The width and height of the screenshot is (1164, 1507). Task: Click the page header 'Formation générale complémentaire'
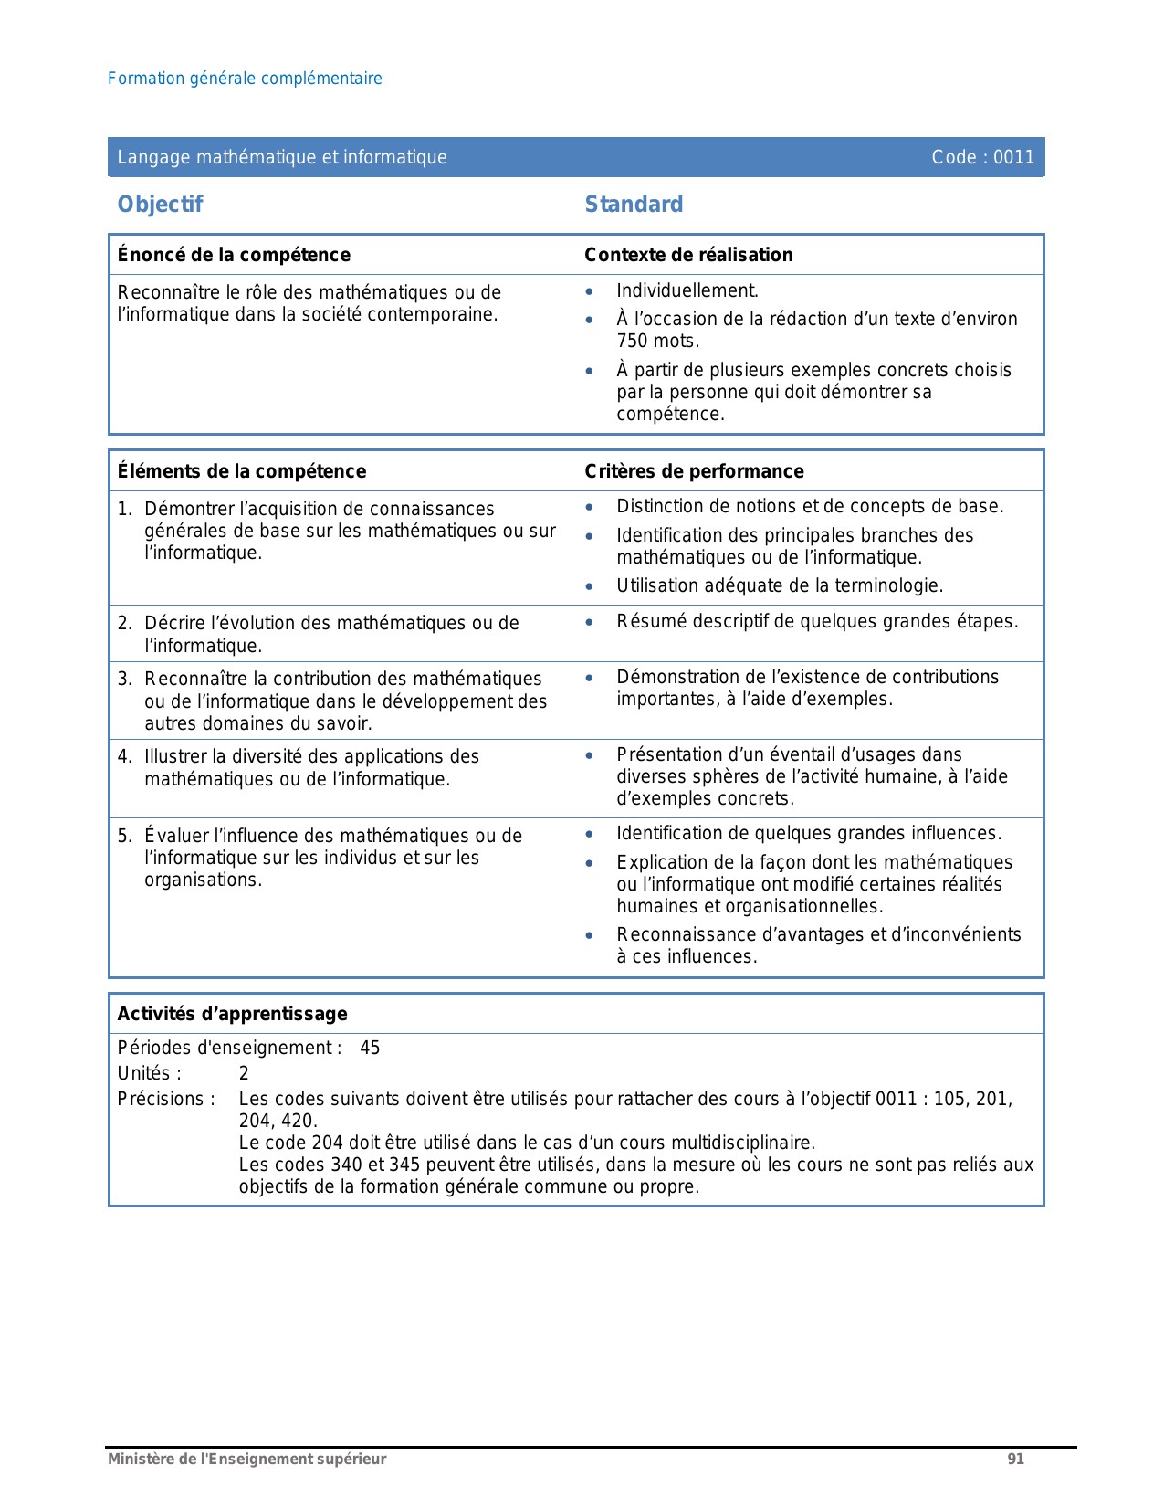click(x=245, y=79)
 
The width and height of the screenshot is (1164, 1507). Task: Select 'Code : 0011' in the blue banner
click(x=982, y=157)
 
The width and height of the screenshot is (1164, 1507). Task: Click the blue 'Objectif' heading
click(x=160, y=205)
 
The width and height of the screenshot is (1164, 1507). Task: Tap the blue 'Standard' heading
click(x=634, y=205)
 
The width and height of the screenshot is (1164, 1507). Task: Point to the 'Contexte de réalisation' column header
click(x=688, y=255)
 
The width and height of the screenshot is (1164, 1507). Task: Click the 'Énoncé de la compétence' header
click(x=234, y=255)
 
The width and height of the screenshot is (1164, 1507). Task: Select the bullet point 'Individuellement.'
click(x=687, y=291)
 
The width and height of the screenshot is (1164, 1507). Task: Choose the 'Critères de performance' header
click(x=694, y=471)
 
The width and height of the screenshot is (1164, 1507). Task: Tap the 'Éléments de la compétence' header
click(x=242, y=471)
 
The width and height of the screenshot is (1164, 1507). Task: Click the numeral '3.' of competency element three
click(x=125, y=679)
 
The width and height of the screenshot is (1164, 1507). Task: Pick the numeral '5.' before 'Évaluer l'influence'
click(x=125, y=836)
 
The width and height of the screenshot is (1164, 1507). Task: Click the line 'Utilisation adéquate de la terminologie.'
click(x=780, y=586)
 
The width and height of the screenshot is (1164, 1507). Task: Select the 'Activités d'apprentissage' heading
click(x=233, y=1014)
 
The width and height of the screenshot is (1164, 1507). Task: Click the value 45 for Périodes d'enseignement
click(x=370, y=1049)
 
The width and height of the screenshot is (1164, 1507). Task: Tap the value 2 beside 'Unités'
click(x=244, y=1074)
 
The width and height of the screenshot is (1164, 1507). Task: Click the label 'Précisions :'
click(x=166, y=1100)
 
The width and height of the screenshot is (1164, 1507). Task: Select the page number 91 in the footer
click(x=1015, y=1460)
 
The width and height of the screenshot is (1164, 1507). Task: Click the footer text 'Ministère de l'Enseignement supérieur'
click(x=246, y=1460)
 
